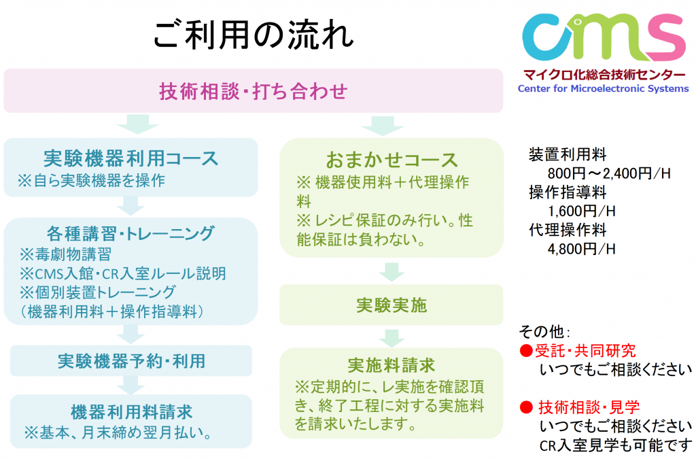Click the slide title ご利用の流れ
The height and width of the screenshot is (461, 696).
click(x=254, y=35)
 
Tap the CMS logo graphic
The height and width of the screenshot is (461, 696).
click(x=604, y=37)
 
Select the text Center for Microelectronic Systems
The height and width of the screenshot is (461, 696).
click(x=604, y=88)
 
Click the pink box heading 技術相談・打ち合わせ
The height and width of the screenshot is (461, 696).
click(x=254, y=91)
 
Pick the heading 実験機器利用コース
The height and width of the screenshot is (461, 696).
click(x=131, y=158)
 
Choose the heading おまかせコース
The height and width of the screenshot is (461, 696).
click(x=391, y=160)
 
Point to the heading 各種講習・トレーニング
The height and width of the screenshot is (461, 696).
click(x=131, y=233)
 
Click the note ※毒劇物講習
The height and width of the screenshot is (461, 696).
click(x=66, y=254)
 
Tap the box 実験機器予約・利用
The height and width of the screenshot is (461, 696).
click(x=131, y=361)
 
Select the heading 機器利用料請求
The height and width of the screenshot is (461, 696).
click(x=131, y=412)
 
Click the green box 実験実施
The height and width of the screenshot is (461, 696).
click(x=391, y=305)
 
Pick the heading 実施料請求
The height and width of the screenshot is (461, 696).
click(x=391, y=365)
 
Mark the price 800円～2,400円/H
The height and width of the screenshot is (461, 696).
click(x=609, y=173)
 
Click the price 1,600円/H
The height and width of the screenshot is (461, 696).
click(x=582, y=211)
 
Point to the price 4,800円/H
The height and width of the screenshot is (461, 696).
click(x=582, y=249)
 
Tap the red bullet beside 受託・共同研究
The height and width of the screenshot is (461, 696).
click(x=526, y=351)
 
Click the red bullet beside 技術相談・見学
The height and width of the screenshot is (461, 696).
click(x=526, y=407)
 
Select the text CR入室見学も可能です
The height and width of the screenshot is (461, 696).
click(x=616, y=445)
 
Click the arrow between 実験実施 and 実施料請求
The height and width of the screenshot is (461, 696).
click(x=391, y=338)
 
